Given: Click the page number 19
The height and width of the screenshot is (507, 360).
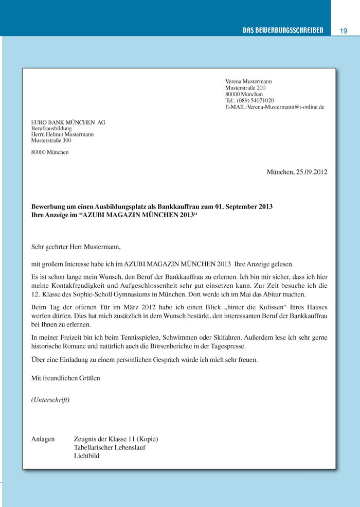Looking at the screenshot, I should click(344, 31).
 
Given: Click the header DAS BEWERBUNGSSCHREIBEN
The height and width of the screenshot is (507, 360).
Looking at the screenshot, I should click(283, 31).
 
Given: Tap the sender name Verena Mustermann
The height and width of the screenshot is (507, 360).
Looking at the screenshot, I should click(248, 81).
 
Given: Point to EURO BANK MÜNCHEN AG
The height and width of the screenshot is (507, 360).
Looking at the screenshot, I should click(68, 122).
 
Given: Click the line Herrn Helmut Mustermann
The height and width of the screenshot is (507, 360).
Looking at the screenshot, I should click(62, 134).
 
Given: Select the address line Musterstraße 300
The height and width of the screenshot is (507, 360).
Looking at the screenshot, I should click(51, 140).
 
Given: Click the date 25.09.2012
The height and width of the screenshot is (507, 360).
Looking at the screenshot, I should click(312, 172).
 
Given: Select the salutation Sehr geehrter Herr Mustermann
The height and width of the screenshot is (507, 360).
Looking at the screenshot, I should click(76, 247).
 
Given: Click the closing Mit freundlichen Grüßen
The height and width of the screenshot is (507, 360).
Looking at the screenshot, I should click(66, 378).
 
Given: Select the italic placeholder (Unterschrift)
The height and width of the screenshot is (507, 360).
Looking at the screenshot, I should click(50, 400).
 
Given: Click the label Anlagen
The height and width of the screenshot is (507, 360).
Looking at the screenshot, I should click(43, 439).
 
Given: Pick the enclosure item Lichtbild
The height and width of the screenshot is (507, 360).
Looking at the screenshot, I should click(86, 456).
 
